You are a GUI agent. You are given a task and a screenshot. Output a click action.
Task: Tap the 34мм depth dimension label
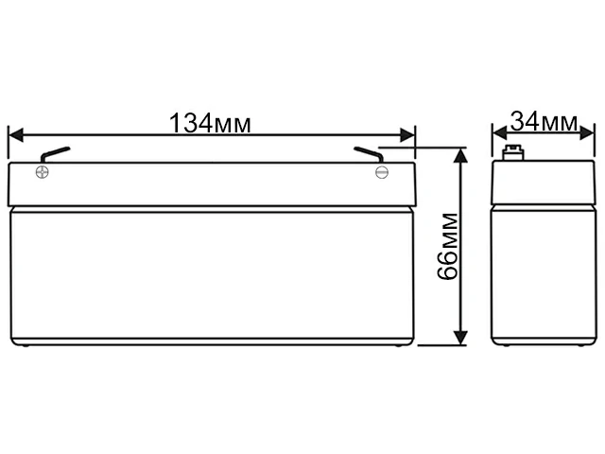(x=544, y=122)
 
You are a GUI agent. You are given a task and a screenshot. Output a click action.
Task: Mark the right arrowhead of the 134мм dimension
(x=409, y=133)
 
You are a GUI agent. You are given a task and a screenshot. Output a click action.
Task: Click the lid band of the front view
(x=213, y=184)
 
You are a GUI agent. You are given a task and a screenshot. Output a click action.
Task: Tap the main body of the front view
(x=213, y=274)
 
